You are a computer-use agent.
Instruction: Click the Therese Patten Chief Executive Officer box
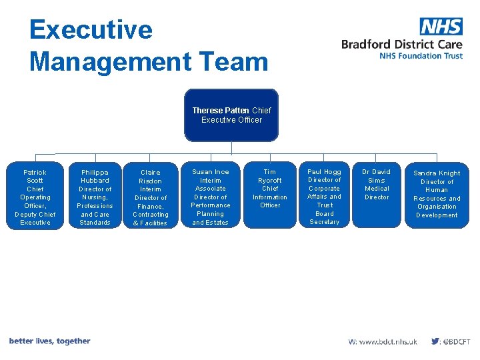point(231,115)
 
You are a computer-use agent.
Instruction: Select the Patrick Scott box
point(35,197)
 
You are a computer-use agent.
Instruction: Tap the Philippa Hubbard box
point(95,197)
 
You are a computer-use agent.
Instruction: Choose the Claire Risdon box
point(151,197)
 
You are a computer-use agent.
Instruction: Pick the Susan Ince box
point(211,197)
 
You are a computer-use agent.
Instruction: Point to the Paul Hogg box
point(325,197)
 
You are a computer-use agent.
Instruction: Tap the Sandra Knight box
point(437,195)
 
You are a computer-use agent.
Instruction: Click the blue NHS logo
point(441,27)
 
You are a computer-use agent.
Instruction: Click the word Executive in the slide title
point(91,30)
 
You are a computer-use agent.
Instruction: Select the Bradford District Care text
point(401,45)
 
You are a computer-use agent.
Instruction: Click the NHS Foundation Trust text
point(421,56)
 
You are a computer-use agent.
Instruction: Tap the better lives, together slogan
point(49,341)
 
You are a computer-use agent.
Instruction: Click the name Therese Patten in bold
point(221,111)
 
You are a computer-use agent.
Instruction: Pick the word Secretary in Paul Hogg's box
point(325,222)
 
